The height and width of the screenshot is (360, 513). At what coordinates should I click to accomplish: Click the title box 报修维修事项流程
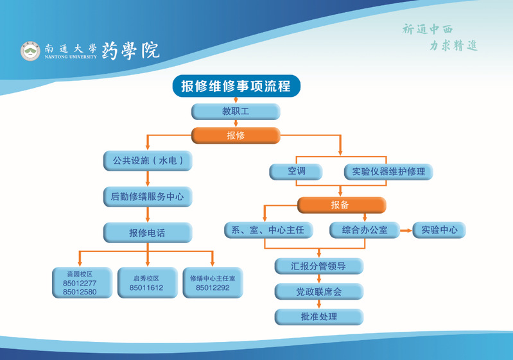236,87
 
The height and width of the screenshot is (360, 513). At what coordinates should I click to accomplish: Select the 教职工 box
236,112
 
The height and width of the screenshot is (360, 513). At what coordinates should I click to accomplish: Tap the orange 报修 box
236,135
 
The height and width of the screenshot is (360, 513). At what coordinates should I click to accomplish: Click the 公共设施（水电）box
148,161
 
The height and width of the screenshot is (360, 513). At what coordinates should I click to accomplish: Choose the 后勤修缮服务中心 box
148,196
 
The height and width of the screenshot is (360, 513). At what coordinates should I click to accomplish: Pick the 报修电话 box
148,232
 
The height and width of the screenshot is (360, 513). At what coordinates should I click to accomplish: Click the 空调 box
296,171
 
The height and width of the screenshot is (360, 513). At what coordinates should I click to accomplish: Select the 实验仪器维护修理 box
388,171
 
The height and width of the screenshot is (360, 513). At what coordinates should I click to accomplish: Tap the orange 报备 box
341,205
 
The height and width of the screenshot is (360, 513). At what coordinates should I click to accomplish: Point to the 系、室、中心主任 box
268,230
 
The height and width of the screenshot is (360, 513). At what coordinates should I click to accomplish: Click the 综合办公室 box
364,230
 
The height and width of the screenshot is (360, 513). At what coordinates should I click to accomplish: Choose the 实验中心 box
439,230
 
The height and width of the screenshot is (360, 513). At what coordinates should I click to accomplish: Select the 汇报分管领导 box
319,266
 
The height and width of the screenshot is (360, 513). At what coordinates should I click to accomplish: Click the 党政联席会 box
319,292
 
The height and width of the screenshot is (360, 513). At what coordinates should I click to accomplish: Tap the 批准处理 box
319,316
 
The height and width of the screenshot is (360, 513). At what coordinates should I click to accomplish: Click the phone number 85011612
146,288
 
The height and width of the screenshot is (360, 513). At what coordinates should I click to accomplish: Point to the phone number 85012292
213,288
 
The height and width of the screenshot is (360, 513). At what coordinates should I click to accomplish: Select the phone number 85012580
80,293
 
